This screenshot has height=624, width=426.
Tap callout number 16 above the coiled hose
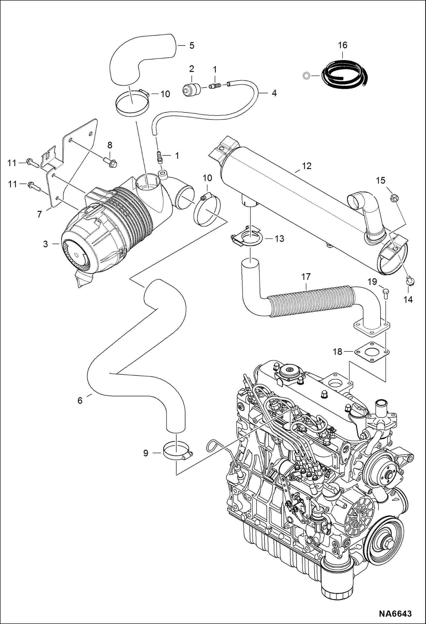[342, 45]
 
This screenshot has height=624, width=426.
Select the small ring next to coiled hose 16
[306, 76]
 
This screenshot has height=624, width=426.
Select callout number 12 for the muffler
[307, 166]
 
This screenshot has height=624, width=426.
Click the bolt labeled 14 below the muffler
[410, 281]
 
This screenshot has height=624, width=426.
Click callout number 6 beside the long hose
[80, 401]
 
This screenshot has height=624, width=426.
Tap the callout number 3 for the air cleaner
[46, 244]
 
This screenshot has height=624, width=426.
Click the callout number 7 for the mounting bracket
[40, 214]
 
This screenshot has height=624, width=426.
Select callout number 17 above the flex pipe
[306, 277]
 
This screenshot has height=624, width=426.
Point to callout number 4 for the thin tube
[274, 93]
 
